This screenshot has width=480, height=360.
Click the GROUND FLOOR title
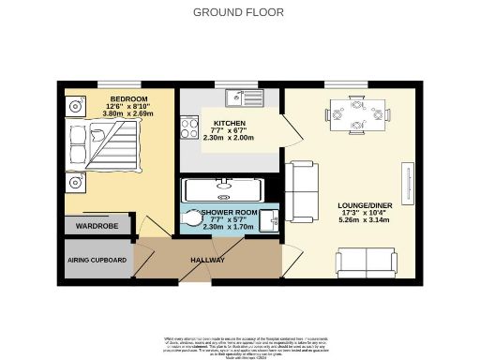coord(239,12)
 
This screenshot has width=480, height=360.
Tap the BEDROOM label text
coord(128,98)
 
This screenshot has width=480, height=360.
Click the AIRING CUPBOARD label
coord(97,260)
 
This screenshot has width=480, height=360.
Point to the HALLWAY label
coord(207,260)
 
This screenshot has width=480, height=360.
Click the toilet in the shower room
coord(191,219)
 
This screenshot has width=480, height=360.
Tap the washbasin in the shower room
coord(268,218)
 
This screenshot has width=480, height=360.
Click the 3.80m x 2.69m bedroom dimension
coord(128,115)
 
